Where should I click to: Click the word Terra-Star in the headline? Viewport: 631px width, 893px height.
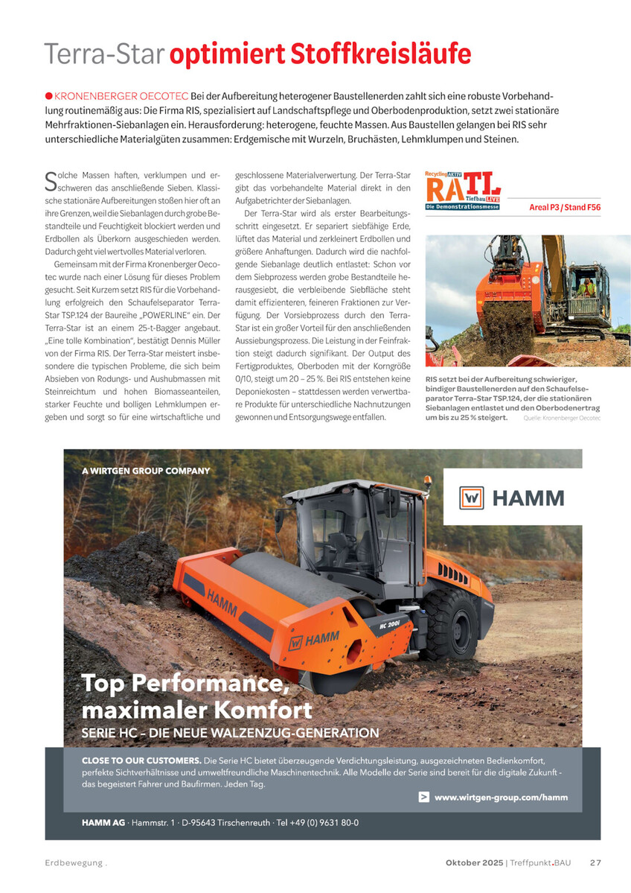pos(104,54)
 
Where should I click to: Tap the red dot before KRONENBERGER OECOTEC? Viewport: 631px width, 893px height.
pos(48,96)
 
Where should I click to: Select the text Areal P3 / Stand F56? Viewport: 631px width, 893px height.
pos(565,207)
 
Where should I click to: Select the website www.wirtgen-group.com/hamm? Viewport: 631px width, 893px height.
pos(501,797)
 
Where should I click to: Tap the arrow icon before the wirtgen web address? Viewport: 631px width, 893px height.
pos(423,797)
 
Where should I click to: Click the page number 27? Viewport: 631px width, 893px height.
pos(595,862)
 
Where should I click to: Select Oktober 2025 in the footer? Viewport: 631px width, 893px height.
pos(474,862)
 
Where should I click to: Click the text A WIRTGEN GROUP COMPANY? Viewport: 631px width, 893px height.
pos(146,471)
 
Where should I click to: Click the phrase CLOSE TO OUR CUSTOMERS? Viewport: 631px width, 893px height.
pos(141,760)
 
